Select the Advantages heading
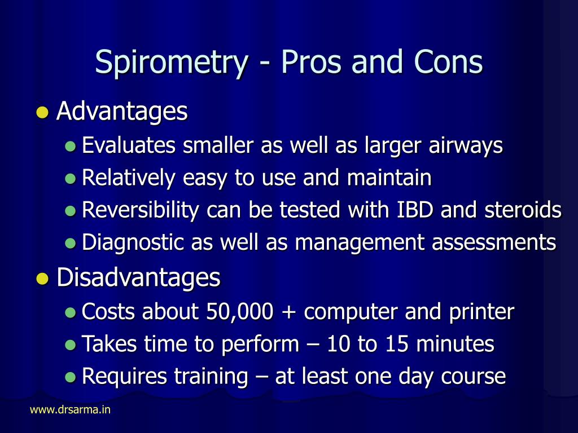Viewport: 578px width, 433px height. (x=122, y=112)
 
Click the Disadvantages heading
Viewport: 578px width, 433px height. (x=138, y=277)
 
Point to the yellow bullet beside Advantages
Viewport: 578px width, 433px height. (x=41, y=112)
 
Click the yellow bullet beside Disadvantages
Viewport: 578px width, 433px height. (x=41, y=278)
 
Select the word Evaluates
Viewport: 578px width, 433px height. (x=129, y=145)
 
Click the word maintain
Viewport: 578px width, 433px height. (x=389, y=178)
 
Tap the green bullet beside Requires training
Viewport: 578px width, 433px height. (x=70, y=377)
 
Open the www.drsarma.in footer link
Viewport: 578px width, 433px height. (x=70, y=410)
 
